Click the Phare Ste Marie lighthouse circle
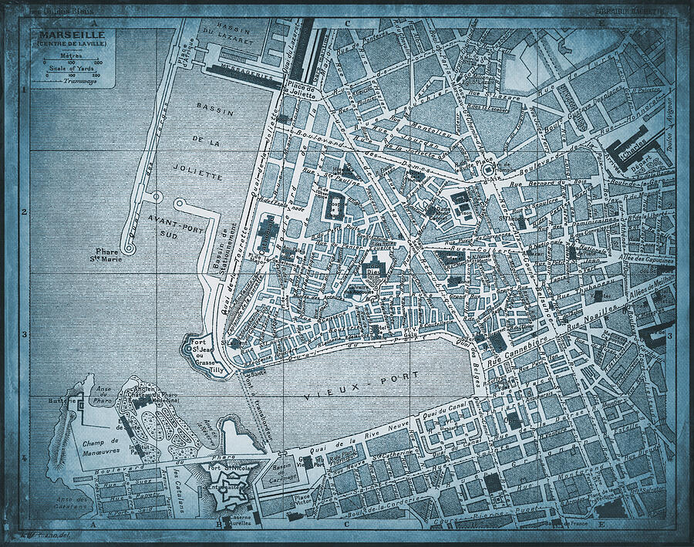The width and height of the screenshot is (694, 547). [129, 248]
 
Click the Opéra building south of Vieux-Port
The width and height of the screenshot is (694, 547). [513, 421]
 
